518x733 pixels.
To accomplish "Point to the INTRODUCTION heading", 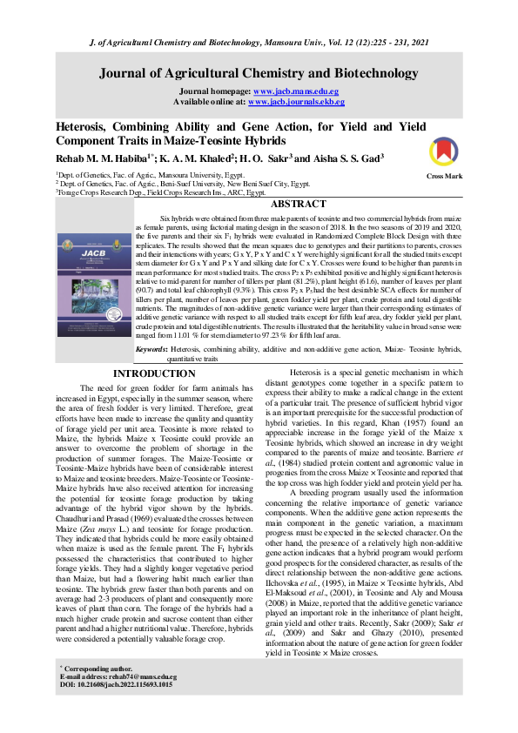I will tap(155, 374).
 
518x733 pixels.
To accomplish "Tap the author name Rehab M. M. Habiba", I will tap(104, 158).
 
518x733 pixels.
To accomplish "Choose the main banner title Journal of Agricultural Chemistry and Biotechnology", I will tap(259, 72).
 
